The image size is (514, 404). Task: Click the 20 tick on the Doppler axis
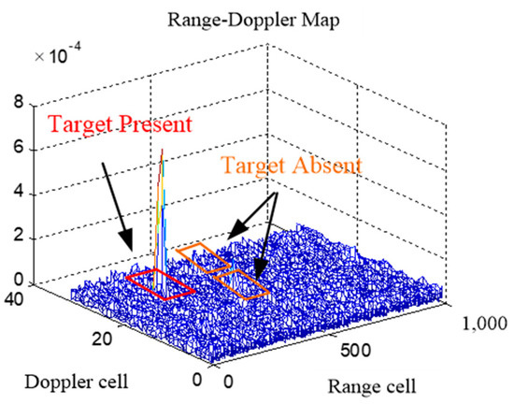pos(104,340)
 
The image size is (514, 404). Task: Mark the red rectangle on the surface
pos(161,284)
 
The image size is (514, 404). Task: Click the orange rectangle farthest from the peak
pos(241,281)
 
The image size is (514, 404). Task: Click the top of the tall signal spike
pos(163,151)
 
